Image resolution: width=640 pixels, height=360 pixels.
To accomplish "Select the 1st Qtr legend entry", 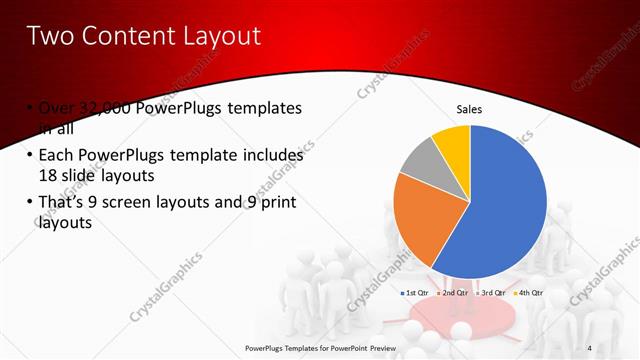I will pos(416,293).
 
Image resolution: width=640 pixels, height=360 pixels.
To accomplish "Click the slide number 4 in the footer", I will pos(590,348).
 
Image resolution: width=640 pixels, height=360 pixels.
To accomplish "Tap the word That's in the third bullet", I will pos(64,204).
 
